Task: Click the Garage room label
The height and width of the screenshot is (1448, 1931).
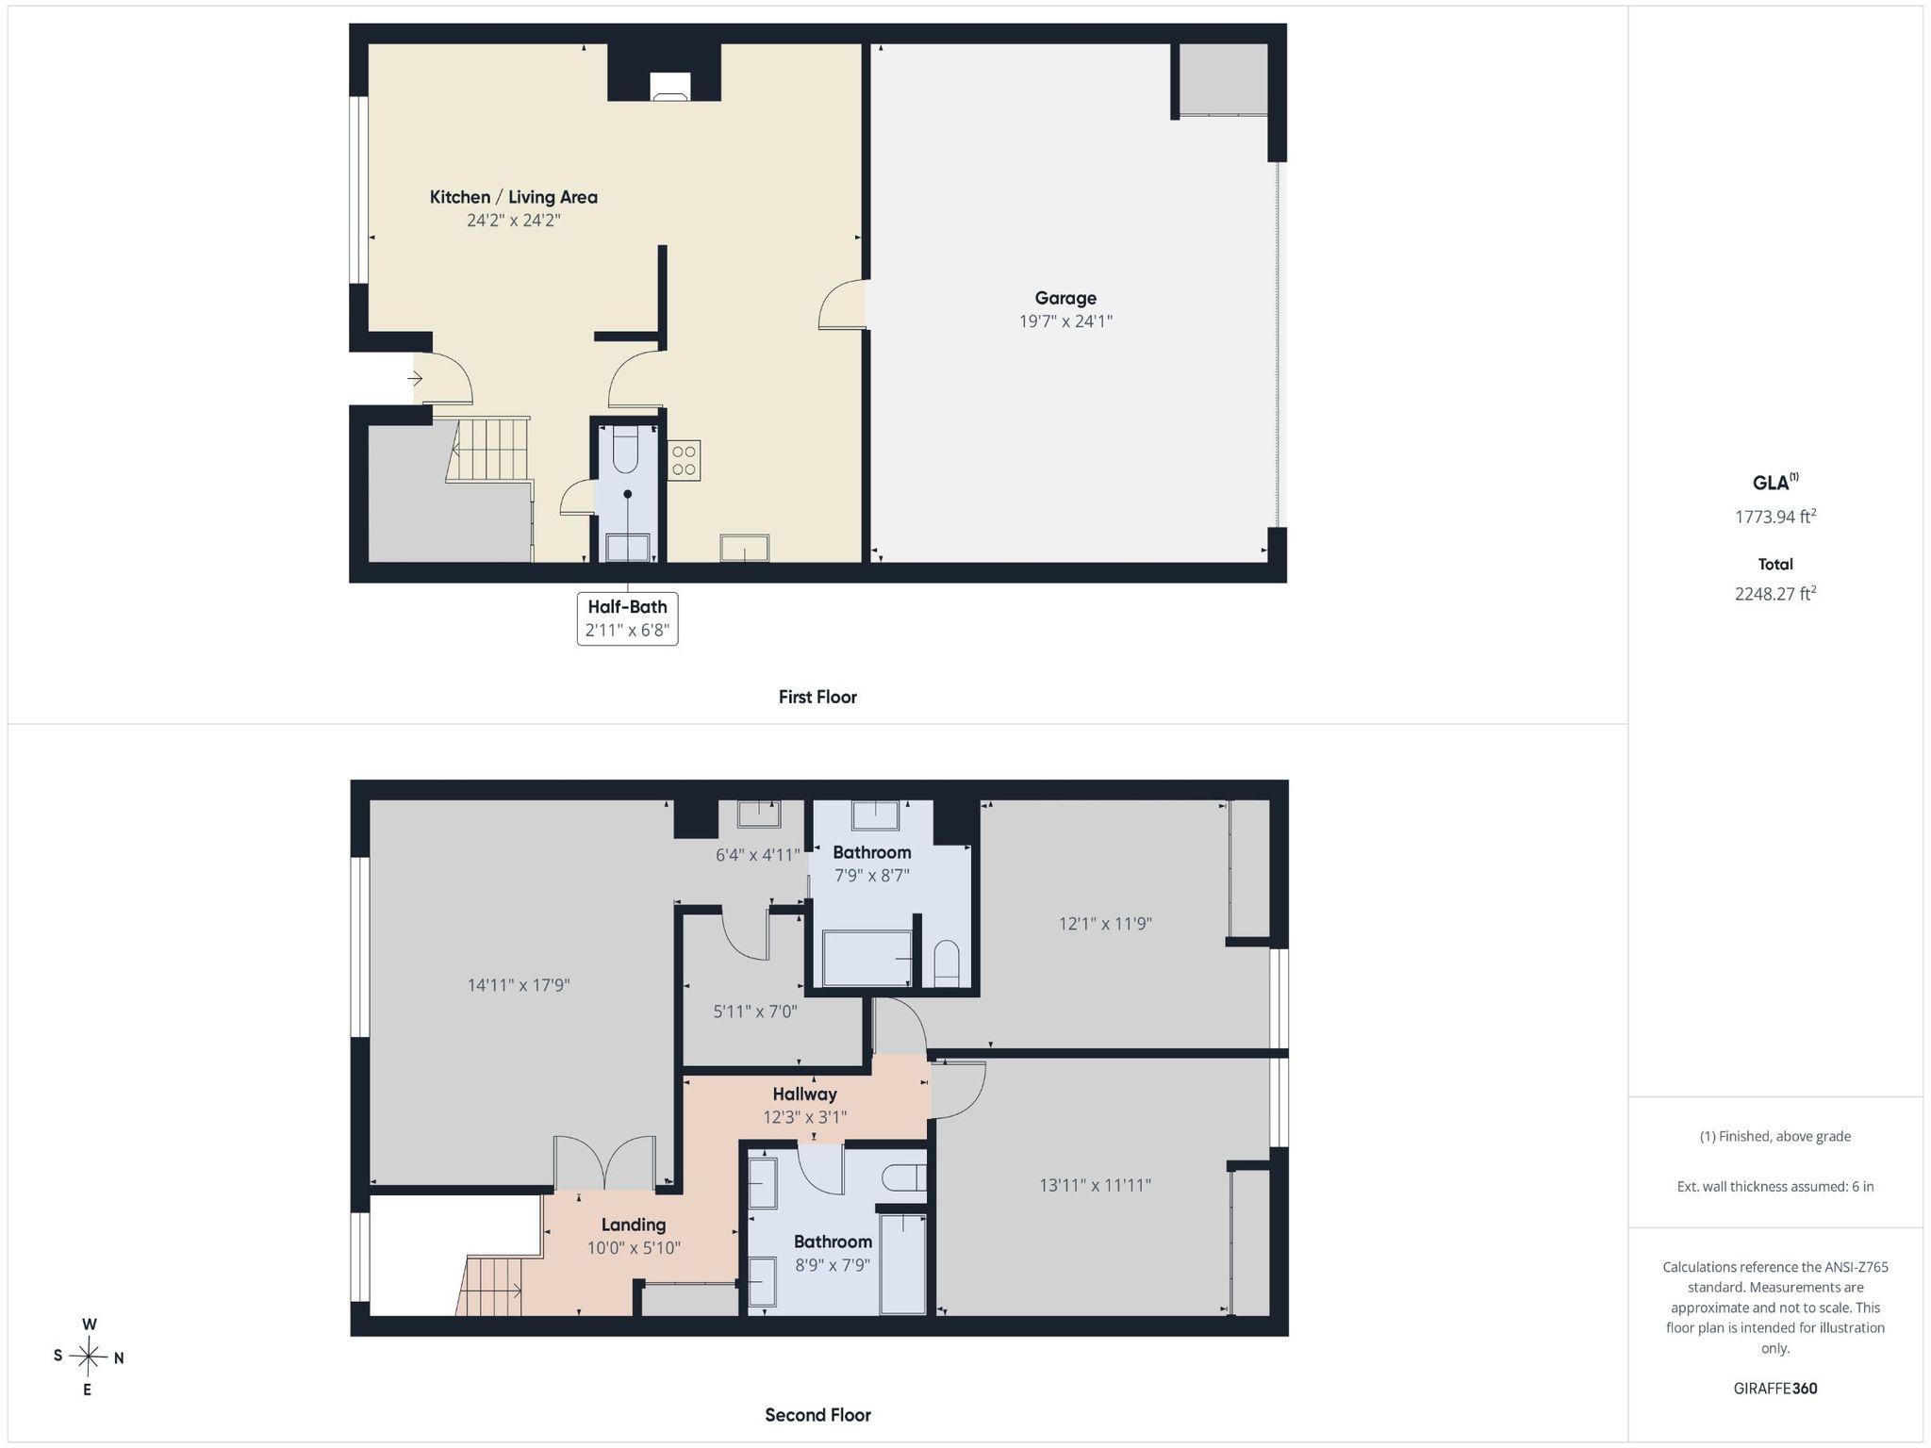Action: click(1065, 298)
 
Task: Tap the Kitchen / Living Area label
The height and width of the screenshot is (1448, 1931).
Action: click(514, 197)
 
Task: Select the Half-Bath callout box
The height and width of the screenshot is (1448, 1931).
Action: click(628, 618)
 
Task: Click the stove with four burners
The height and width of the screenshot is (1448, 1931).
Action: click(685, 460)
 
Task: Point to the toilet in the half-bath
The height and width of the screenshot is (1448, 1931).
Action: click(626, 450)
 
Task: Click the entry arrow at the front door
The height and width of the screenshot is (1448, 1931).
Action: click(415, 379)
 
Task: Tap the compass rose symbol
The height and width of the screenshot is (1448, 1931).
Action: click(89, 1357)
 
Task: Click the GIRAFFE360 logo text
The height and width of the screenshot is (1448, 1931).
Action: click(1775, 1388)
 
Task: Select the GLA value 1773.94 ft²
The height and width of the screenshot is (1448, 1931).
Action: click(1775, 516)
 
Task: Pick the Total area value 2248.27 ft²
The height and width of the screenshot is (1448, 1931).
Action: click(1775, 593)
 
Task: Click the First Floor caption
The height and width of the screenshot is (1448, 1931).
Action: click(817, 697)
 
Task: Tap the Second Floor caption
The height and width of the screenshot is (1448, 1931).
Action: click(817, 1414)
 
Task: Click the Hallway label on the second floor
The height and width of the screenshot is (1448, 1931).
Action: click(805, 1094)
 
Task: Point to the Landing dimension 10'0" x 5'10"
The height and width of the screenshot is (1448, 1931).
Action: click(634, 1247)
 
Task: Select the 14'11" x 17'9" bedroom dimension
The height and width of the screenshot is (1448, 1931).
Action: click(519, 985)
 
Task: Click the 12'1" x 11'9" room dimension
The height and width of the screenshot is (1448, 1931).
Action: click(1105, 924)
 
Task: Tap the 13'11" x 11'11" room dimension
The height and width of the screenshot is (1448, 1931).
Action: click(1096, 1185)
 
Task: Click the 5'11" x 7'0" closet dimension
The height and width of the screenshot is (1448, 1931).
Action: click(755, 1012)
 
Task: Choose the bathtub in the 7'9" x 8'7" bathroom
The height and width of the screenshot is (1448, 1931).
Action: click(867, 958)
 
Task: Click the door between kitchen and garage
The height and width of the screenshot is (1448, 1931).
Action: click(842, 304)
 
